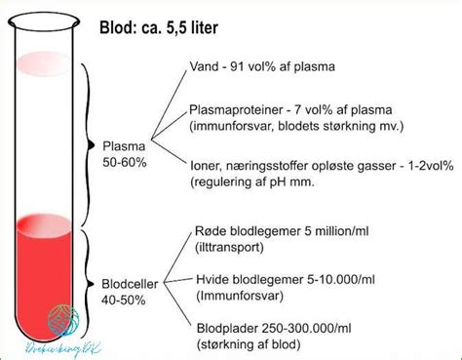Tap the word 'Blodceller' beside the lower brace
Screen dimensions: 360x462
130,284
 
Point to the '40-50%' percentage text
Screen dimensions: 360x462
125,300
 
